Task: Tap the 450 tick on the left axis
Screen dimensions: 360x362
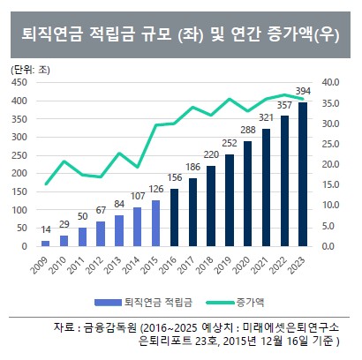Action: coord(19,82)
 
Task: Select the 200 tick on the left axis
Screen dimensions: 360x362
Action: coord(19,173)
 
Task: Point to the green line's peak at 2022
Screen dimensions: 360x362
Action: coord(285,94)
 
